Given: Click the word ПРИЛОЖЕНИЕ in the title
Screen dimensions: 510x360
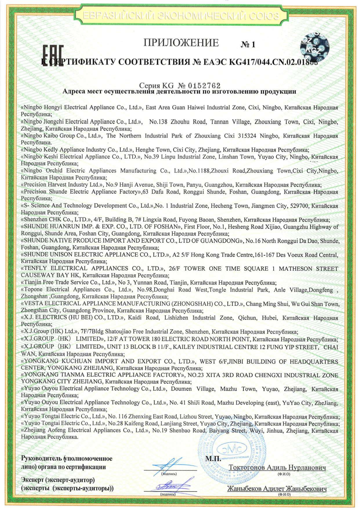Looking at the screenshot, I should pos(181,43).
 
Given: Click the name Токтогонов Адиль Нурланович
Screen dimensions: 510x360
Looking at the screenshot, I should pos(277,468).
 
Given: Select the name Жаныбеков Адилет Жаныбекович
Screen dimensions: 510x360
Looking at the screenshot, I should pos(277,488).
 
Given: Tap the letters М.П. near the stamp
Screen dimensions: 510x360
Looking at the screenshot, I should pos(213,459).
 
